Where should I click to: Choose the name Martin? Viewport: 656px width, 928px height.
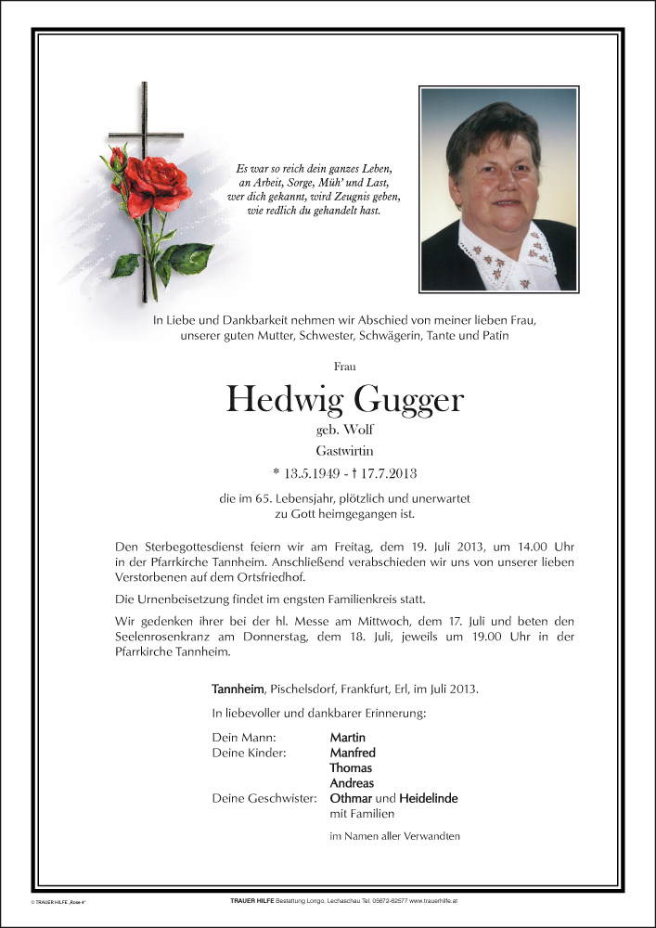click(x=347, y=737)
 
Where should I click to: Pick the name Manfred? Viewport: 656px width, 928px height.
click(x=353, y=753)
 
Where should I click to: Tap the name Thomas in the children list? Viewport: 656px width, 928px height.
click(x=351, y=767)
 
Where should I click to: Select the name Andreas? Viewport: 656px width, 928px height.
click(x=352, y=783)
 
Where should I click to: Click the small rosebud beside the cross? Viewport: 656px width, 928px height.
click(x=118, y=160)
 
